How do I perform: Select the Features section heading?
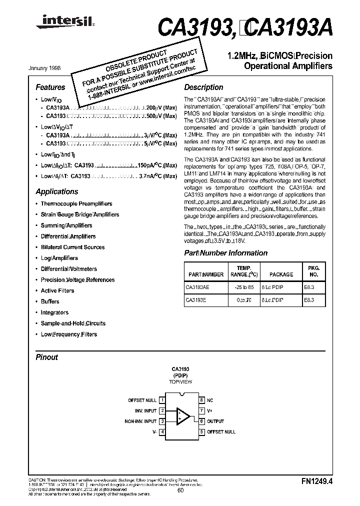(x=50, y=87)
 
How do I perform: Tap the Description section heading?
(x=203, y=87)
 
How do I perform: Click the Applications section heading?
(x=57, y=191)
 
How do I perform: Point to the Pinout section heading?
(x=47, y=357)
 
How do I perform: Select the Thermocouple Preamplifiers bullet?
(x=76, y=204)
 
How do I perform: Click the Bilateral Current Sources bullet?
(x=72, y=247)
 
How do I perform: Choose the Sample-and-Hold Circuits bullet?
(x=73, y=323)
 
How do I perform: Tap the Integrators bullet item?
(x=54, y=312)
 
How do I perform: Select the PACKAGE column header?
(x=281, y=274)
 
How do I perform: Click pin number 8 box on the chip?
(x=201, y=400)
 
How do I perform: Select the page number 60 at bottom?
(x=180, y=490)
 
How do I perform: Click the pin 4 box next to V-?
(x=162, y=431)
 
